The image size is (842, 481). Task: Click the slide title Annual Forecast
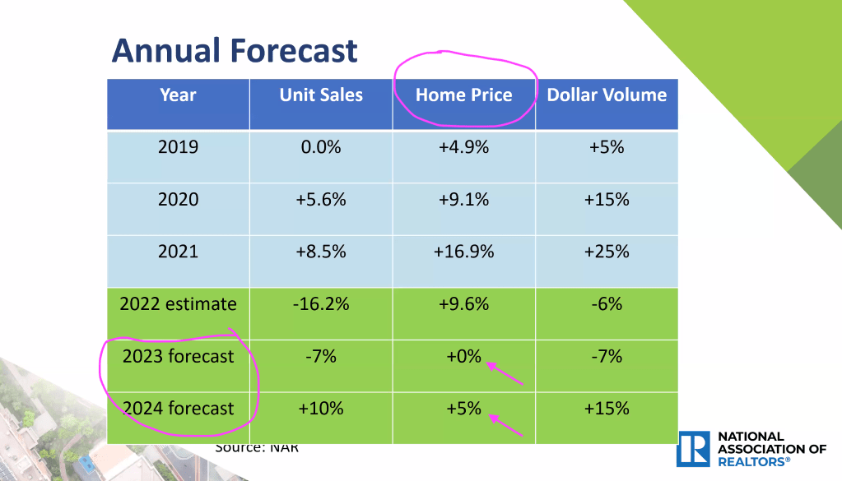point(235,51)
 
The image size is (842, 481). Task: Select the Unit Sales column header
point(321,95)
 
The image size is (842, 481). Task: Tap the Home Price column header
point(463,95)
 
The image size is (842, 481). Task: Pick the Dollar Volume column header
point(607,95)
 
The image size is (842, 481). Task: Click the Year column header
point(178,95)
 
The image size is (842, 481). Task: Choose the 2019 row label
point(178,147)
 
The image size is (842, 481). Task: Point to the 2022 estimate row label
point(178,303)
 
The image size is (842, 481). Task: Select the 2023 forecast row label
point(178,356)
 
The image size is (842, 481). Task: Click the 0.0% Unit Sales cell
point(321,147)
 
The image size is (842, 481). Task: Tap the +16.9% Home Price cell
point(463,252)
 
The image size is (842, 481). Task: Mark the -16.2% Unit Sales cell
point(321,303)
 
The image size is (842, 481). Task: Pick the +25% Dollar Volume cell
point(607,252)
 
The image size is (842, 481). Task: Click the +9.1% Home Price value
point(463,199)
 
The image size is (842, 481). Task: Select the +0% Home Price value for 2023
point(463,356)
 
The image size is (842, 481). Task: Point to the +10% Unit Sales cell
point(321,408)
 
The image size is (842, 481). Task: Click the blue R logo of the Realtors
point(692,449)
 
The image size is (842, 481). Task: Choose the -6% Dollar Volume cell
point(607,303)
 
